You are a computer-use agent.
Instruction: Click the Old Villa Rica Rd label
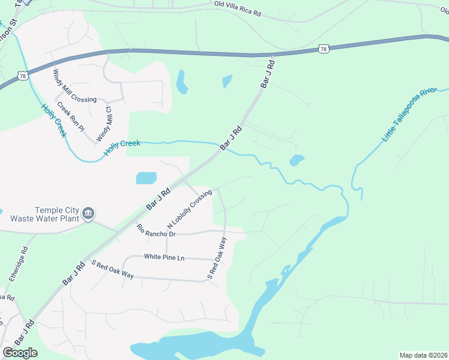(x=238, y=8)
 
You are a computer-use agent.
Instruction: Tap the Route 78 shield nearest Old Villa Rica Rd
(x=324, y=48)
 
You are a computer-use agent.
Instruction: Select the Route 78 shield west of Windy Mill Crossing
(x=22, y=76)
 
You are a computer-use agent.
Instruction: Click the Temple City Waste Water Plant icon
(x=88, y=213)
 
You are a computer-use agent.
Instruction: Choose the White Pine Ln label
(x=164, y=257)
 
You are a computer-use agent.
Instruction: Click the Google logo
(x=20, y=352)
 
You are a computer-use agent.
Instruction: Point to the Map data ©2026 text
(x=423, y=355)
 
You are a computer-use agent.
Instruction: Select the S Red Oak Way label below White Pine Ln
(x=112, y=270)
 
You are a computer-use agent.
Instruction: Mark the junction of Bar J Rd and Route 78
(x=273, y=55)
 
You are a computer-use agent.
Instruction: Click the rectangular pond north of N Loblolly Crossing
(x=146, y=178)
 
